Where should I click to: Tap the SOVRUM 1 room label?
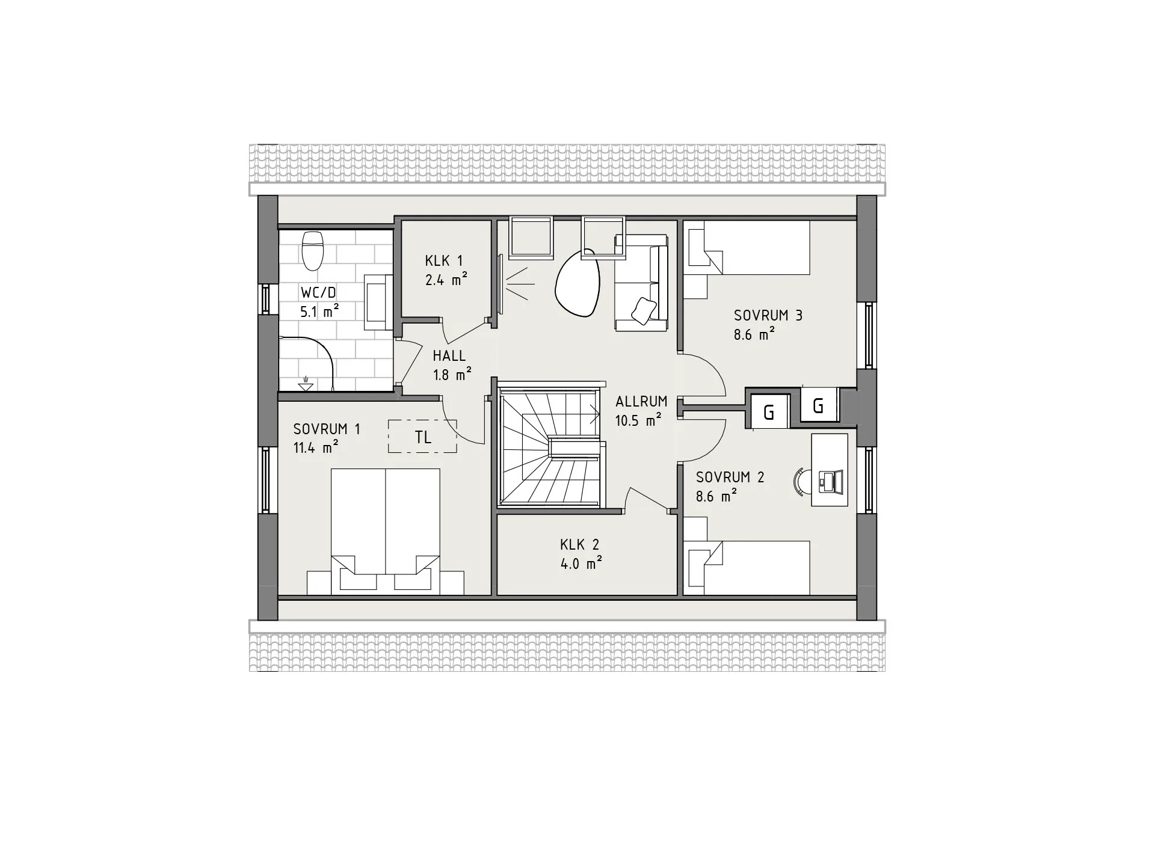tap(327, 429)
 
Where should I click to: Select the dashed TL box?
tap(422, 437)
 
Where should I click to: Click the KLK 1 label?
tap(444, 261)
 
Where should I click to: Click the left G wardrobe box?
tap(768, 412)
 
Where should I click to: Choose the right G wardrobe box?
tap(818, 406)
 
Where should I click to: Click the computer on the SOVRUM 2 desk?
tap(831, 481)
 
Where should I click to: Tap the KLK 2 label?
tap(579, 545)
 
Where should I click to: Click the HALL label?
tap(449, 356)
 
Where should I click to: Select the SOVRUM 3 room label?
tap(768, 316)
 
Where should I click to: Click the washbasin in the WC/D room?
tap(379, 300)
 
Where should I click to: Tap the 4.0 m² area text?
tap(581, 564)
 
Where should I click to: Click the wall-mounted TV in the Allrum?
tap(500, 284)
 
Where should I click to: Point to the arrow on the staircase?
tap(596, 413)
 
